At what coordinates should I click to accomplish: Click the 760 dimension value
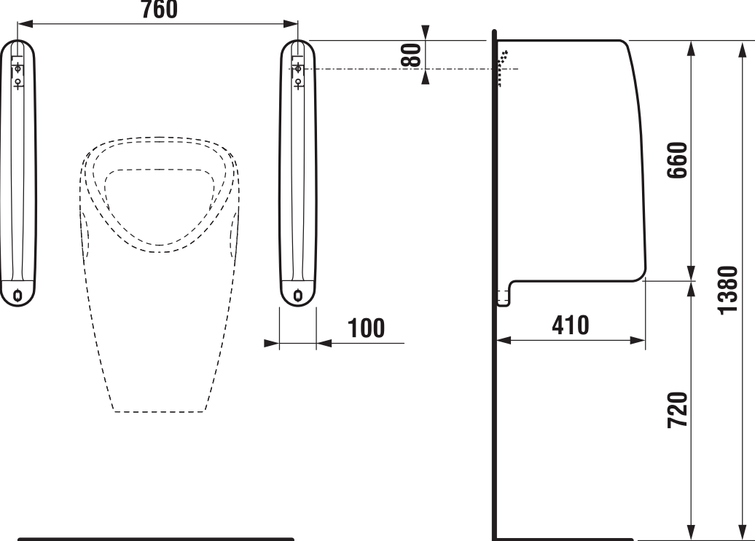coord(160,9)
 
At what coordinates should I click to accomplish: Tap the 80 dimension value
coord(411,55)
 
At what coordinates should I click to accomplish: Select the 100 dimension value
coord(366,328)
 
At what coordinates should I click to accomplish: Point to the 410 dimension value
coord(571,325)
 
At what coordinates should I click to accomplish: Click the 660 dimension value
coord(677,160)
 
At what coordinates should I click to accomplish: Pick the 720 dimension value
coord(677,410)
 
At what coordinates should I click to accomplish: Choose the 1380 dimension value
coord(727,290)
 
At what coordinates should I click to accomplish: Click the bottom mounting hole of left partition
coord(18,294)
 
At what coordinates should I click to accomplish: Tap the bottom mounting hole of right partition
coord(299,294)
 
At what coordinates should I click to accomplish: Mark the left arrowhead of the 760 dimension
coord(25,23)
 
